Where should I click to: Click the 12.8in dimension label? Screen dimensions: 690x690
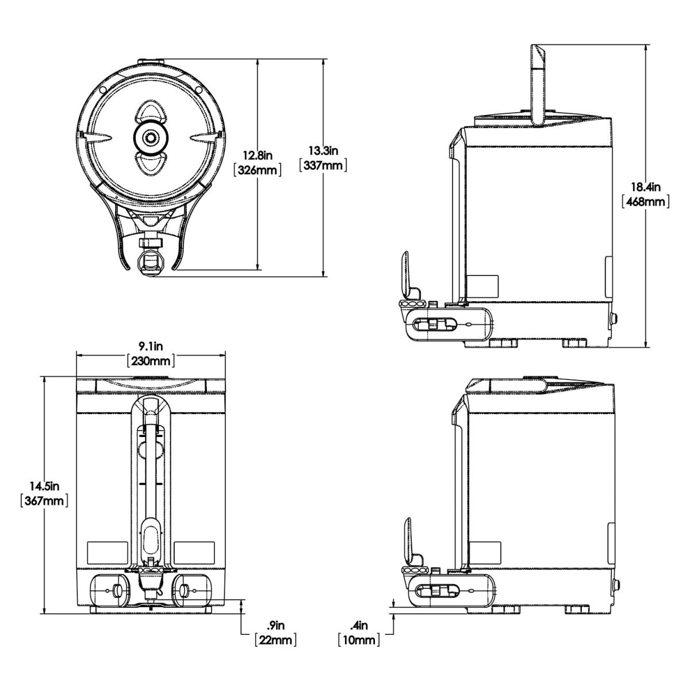pos(257,155)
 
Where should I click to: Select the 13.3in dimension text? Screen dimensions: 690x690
pos(324,151)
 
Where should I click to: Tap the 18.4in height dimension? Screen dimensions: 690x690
pos(646,187)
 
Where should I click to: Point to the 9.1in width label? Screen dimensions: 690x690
pos(151,346)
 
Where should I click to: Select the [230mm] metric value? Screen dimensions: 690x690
pos(151,361)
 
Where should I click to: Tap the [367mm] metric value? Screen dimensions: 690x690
pos(45,501)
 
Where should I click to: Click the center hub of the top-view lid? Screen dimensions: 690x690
pos(151,137)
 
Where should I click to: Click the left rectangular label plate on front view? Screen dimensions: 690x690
pos(106,553)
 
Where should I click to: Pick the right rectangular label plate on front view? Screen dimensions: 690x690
pos(194,553)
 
